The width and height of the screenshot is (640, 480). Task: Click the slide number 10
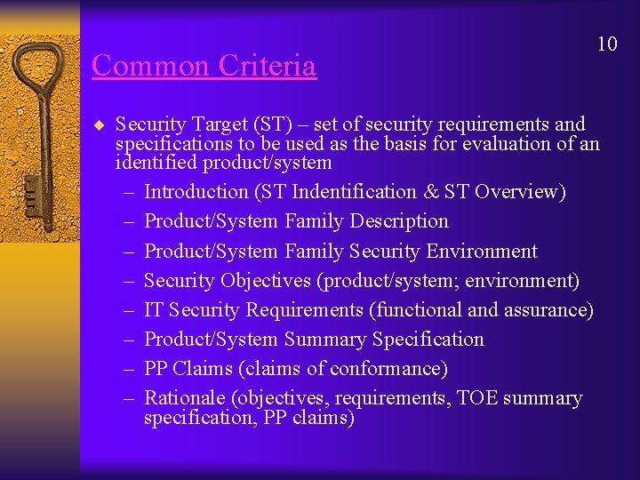(x=607, y=44)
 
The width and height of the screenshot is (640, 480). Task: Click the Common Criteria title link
(x=204, y=66)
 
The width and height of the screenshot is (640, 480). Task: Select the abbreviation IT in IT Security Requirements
(x=154, y=310)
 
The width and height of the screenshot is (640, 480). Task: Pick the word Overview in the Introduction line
(x=517, y=192)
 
